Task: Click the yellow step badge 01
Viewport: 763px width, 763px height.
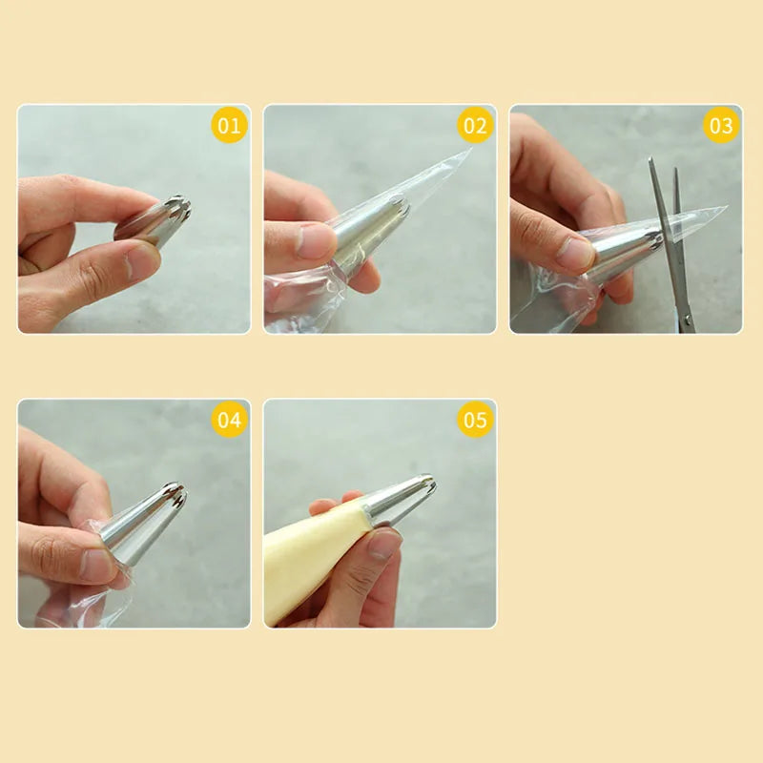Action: click(230, 125)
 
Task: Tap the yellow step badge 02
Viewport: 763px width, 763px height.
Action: click(475, 125)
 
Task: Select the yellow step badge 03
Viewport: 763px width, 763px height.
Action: click(721, 125)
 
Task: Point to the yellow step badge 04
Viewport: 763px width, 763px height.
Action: click(230, 420)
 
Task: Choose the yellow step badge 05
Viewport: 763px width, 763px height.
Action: click(475, 420)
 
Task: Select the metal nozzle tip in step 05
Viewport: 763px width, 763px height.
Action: click(401, 498)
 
